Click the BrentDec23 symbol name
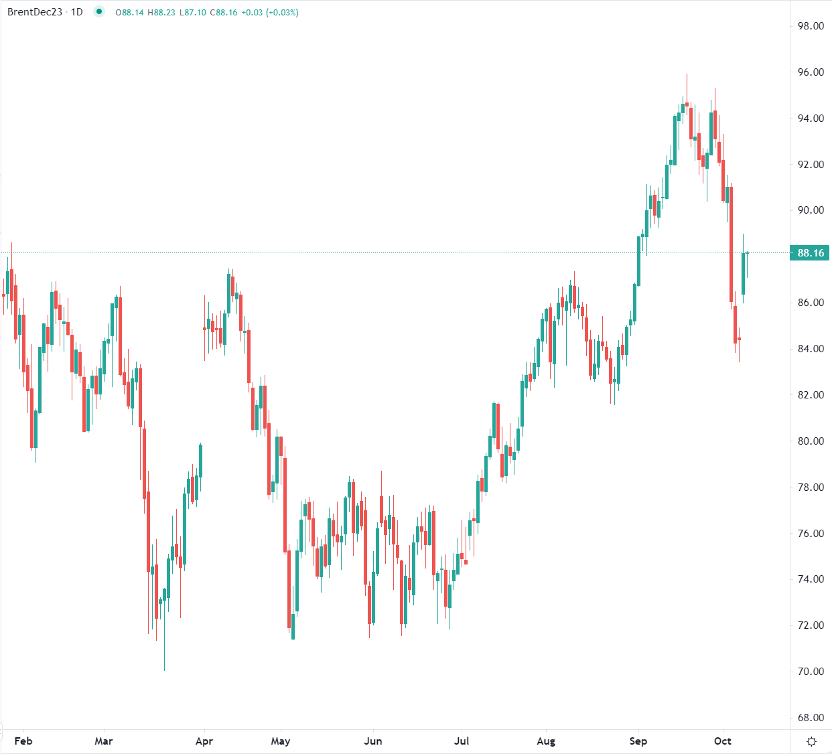pos(35,12)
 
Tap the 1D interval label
pos(76,12)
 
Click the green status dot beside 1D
pos(99,11)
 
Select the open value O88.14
pos(129,13)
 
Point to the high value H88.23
pos(161,13)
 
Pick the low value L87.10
pos(193,13)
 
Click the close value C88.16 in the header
pos(224,13)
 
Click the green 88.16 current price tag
pos(810,253)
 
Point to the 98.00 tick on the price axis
pos(811,26)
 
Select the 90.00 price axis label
pos(811,210)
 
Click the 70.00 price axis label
pos(811,672)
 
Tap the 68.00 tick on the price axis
pos(811,718)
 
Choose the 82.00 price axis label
pos(811,395)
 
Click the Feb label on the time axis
pos(23,741)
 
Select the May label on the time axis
pos(281,741)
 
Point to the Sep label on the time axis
pos(638,741)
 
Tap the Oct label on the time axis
pos(723,741)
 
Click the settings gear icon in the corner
pos(811,741)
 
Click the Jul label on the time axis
pos(462,741)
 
